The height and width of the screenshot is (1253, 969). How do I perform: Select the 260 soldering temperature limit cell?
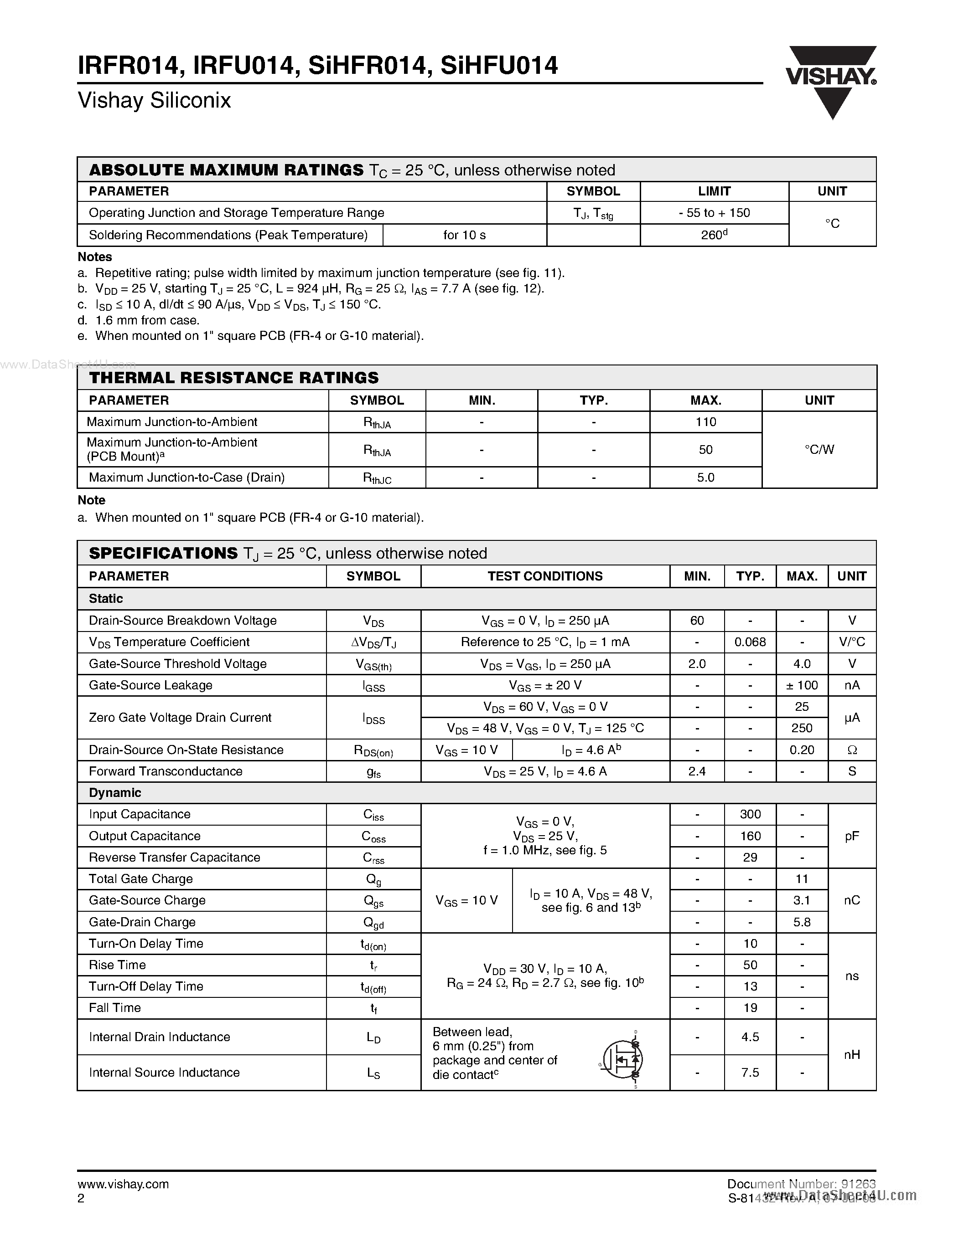714,235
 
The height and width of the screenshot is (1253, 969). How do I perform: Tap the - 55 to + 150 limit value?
714,213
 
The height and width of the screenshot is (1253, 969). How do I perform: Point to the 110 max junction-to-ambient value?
705,421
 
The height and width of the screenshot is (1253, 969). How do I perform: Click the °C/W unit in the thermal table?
819,449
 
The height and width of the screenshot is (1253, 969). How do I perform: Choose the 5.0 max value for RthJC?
705,478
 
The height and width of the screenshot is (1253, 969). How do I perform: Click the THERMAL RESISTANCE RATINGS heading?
233,378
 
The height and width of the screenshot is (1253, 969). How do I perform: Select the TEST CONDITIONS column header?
545,576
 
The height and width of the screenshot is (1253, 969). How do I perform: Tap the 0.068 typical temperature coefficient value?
750,642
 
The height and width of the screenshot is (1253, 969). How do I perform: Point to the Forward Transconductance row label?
166,771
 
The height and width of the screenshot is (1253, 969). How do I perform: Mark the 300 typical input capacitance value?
750,814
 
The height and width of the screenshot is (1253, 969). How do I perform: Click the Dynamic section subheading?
115,792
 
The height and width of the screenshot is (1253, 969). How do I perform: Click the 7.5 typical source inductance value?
750,1072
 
